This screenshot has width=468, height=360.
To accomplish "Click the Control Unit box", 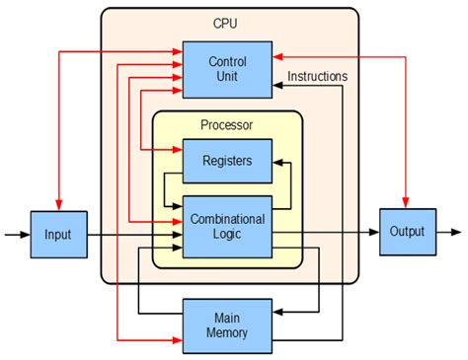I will point(227,69).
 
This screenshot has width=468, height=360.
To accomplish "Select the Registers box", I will point(227,160).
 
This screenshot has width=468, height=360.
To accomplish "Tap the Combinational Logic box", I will point(227,227).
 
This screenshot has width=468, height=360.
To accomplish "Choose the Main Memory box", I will point(227,324).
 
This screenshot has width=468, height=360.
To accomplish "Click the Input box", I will point(58,235).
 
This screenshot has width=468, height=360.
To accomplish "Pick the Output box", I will point(407,233).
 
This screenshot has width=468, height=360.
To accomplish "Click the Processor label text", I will point(227,125).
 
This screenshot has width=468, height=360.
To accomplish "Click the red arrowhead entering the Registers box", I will point(177,150).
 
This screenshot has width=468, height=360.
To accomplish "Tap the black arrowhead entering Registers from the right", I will point(278,160).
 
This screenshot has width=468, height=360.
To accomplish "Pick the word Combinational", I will point(227,219).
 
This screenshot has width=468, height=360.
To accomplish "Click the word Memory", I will point(227,332).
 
